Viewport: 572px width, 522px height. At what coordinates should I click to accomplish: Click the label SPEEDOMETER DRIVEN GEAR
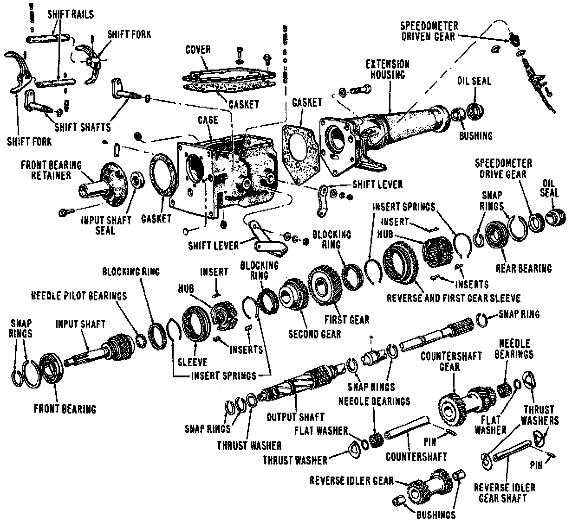pyautogui.click(x=429, y=31)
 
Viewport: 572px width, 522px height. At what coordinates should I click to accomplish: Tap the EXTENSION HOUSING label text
pyautogui.click(x=387, y=69)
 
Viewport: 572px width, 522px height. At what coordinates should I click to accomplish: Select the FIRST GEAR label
pyautogui.click(x=347, y=319)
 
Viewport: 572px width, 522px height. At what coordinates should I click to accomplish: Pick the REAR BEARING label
pyautogui.click(x=523, y=268)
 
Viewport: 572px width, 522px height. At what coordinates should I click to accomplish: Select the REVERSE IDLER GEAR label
pyautogui.click(x=351, y=480)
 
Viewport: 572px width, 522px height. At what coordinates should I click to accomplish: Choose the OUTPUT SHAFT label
pyautogui.click(x=295, y=417)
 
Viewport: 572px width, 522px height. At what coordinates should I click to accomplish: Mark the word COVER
pyautogui.click(x=198, y=50)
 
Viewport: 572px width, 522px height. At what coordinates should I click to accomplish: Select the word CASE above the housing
pyautogui.click(x=207, y=120)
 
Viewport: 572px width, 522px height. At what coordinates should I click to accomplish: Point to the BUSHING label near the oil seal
pyautogui.click(x=475, y=135)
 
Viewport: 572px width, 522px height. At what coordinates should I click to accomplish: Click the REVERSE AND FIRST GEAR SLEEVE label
pyautogui.click(x=454, y=298)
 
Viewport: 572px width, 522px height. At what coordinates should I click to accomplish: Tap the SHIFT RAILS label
pyautogui.click(x=71, y=14)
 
